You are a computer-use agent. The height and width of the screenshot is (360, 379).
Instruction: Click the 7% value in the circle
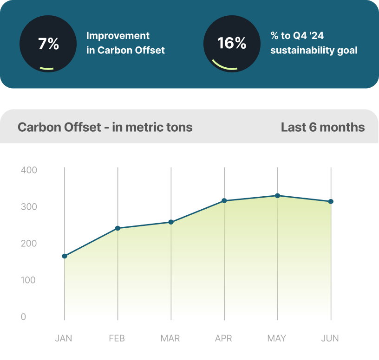tap(49, 44)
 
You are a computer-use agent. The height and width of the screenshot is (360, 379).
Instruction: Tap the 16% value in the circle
tap(232, 43)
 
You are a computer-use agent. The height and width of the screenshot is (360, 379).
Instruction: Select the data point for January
tap(65, 256)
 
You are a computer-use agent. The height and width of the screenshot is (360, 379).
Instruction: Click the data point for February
tap(118, 228)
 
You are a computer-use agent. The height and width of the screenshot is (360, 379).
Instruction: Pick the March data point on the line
tap(171, 222)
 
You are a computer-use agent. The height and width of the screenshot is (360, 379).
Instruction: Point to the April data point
tap(224, 200)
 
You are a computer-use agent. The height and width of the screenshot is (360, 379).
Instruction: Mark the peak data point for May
tap(278, 196)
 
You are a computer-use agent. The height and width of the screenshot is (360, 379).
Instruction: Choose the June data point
tap(331, 201)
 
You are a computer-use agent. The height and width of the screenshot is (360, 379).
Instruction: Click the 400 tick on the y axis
tap(29, 170)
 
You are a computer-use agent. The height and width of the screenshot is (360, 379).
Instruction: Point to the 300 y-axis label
tap(29, 207)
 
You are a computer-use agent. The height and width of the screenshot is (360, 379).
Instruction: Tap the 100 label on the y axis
tap(28, 280)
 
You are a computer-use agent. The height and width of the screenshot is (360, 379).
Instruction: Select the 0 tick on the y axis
tap(23, 316)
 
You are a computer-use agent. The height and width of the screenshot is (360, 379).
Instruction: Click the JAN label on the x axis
tap(64, 338)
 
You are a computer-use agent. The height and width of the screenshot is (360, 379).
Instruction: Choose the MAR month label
tap(170, 338)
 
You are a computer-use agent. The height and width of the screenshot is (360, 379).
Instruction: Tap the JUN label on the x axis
tap(330, 338)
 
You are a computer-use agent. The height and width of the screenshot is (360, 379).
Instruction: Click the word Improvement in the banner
tap(118, 36)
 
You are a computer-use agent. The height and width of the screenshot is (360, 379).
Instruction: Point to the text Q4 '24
tap(308, 36)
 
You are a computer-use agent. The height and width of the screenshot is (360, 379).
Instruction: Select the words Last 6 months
tap(323, 127)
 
